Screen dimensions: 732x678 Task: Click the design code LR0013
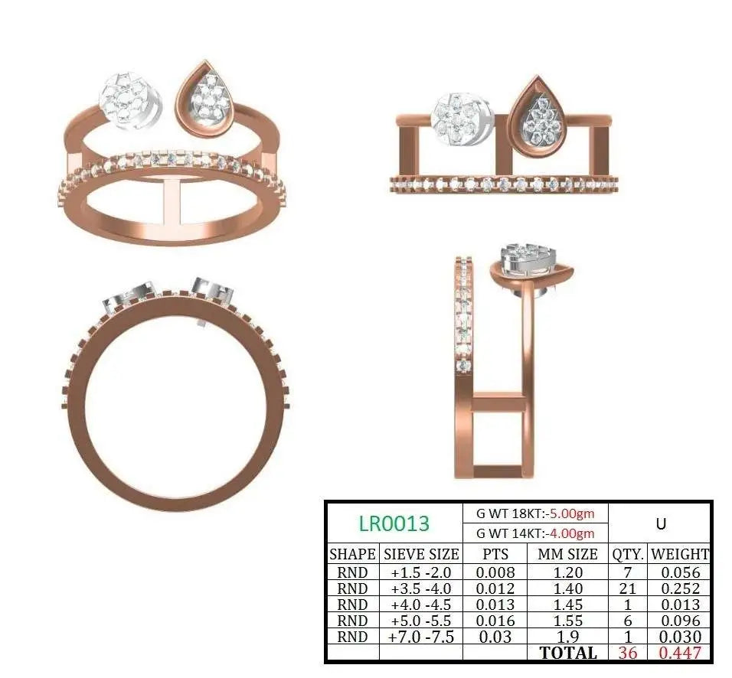pos(394,523)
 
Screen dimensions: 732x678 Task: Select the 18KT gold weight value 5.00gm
pos(571,513)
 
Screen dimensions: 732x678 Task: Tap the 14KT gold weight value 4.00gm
pos(571,533)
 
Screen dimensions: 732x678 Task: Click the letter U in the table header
pos(661,524)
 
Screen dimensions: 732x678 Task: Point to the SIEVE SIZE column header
pos(421,554)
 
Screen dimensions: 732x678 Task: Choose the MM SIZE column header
pos(567,554)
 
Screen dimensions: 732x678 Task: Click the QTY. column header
pos(628,554)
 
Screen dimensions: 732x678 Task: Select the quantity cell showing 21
pos(627,588)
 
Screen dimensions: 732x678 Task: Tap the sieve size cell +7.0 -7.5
pos(422,637)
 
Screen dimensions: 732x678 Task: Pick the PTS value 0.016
pos(495,621)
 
